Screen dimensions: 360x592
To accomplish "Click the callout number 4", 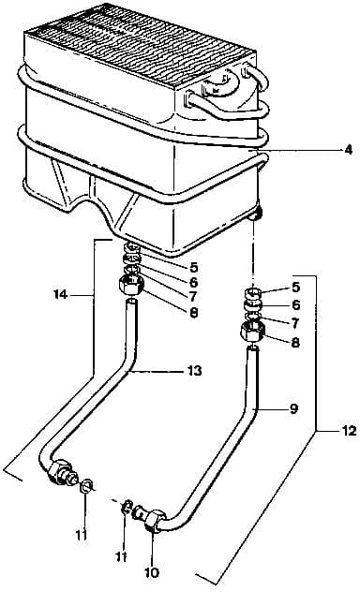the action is point(348,150).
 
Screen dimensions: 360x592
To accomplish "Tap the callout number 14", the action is point(60,294).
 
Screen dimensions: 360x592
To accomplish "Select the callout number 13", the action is point(194,371).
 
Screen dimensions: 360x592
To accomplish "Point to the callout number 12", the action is point(349,430).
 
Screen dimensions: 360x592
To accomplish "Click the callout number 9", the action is point(293,408).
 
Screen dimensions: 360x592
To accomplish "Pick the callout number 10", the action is point(151,572).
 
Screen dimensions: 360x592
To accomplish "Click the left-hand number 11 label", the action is point(82,535).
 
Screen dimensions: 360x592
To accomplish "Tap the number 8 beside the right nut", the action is point(295,342).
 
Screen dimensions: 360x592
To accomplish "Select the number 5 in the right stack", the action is point(296,287).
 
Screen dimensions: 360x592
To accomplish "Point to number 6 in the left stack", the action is point(193,282).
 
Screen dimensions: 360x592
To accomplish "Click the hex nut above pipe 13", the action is point(131,286).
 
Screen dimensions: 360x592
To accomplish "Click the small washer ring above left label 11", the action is point(86,484).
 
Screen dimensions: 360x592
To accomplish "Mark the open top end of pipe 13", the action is point(131,302).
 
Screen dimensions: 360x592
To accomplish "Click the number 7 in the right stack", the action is point(295,323).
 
